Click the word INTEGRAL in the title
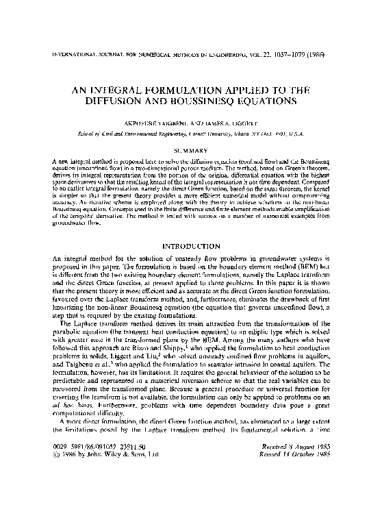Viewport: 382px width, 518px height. (x=135, y=90)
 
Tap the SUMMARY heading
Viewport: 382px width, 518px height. (x=192, y=149)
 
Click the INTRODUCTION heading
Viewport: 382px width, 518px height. (x=191, y=245)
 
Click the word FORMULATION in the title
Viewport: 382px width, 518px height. (x=202, y=90)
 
